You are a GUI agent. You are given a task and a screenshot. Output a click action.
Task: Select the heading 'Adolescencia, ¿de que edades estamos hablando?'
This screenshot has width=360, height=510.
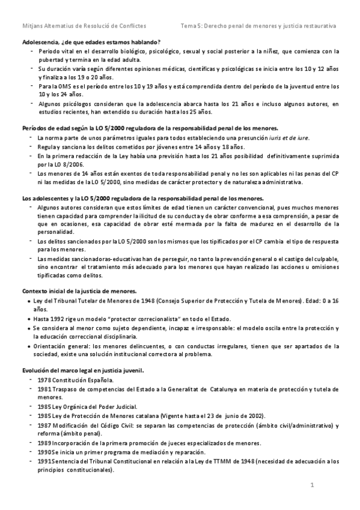[90, 42]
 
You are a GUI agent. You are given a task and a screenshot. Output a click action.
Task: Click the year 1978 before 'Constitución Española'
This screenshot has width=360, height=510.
[44, 381]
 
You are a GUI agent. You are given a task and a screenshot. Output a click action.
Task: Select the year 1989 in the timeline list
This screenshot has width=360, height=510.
[44, 443]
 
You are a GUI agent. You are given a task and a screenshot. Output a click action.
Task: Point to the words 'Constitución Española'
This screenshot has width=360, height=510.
[82, 381]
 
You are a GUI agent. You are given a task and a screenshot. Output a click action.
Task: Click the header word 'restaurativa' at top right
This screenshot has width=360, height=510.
[317, 26]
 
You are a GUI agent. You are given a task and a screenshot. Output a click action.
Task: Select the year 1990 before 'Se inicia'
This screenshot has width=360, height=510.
[44, 452]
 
